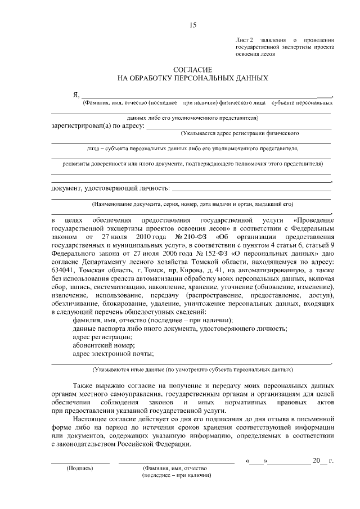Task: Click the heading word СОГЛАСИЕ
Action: point(193,68)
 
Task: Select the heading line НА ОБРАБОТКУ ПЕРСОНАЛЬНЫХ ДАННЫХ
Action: point(193,78)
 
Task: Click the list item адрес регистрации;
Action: point(100,336)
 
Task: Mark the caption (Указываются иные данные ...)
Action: point(192,370)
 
